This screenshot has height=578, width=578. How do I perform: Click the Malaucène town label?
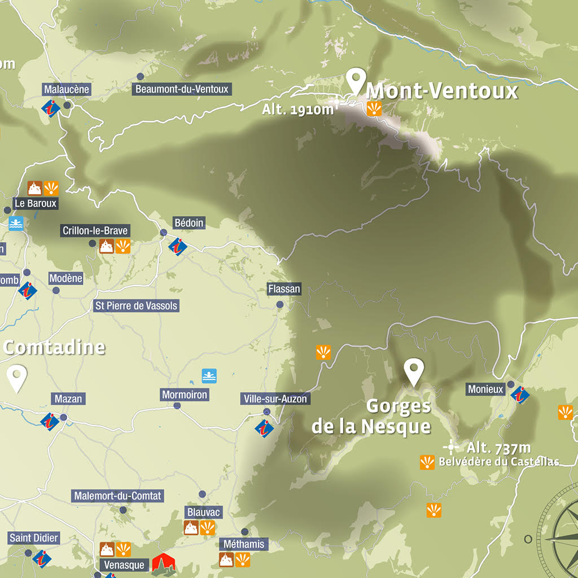point(67,89)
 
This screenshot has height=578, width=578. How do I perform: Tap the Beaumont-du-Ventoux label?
point(182,89)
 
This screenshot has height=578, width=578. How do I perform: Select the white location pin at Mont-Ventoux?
point(356,81)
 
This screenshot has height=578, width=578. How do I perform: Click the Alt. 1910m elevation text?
point(298,110)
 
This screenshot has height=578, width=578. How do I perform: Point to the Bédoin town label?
point(189,223)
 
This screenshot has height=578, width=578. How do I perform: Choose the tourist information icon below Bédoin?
point(178,246)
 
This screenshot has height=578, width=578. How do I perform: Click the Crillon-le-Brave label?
point(95,230)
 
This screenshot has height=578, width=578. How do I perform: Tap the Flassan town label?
point(284,289)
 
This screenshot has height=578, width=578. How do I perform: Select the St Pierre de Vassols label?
point(136,306)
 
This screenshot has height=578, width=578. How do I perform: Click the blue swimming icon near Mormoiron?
point(209,376)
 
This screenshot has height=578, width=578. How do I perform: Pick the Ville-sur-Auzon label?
point(275,399)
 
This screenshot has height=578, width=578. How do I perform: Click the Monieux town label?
point(485,389)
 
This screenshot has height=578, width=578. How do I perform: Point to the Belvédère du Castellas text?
point(498,462)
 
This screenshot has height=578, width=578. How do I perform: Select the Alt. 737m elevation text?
point(498,448)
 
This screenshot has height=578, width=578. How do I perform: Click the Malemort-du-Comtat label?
point(118,496)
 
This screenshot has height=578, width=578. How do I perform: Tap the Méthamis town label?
point(243,545)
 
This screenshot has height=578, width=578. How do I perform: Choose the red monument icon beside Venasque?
point(164,563)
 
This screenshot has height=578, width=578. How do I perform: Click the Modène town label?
point(65,278)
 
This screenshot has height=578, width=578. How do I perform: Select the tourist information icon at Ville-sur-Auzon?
point(264,428)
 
